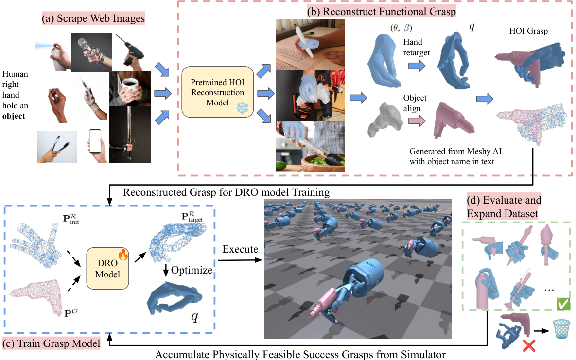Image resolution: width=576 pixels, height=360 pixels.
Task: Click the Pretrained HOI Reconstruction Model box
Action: (x=217, y=92)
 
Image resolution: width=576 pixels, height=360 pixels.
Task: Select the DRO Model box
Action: (x=107, y=269)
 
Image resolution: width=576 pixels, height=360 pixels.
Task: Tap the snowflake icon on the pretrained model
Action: (x=242, y=108)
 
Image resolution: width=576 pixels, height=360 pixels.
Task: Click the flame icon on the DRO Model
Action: (x=123, y=254)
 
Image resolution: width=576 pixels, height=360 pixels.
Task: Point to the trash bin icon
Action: (x=562, y=329)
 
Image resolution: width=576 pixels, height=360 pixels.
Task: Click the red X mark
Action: (x=529, y=345)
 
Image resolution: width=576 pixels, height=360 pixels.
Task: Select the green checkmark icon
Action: (x=563, y=304)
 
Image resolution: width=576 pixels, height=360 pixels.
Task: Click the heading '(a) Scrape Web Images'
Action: (x=93, y=18)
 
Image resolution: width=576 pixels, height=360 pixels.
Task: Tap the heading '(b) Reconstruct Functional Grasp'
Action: (x=382, y=11)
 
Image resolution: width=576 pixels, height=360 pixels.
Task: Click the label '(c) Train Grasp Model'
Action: (x=52, y=343)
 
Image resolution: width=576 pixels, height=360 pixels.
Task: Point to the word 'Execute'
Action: (x=240, y=249)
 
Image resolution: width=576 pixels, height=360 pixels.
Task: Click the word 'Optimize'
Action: (x=192, y=271)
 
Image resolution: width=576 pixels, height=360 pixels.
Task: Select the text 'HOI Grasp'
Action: (x=528, y=31)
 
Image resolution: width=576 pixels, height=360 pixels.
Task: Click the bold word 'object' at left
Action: (x=14, y=116)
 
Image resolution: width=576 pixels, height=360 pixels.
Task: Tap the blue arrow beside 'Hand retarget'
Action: (x=417, y=66)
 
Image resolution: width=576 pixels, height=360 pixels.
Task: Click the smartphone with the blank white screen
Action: (x=95, y=141)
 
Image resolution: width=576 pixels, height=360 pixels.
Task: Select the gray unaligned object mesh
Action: (x=385, y=120)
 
